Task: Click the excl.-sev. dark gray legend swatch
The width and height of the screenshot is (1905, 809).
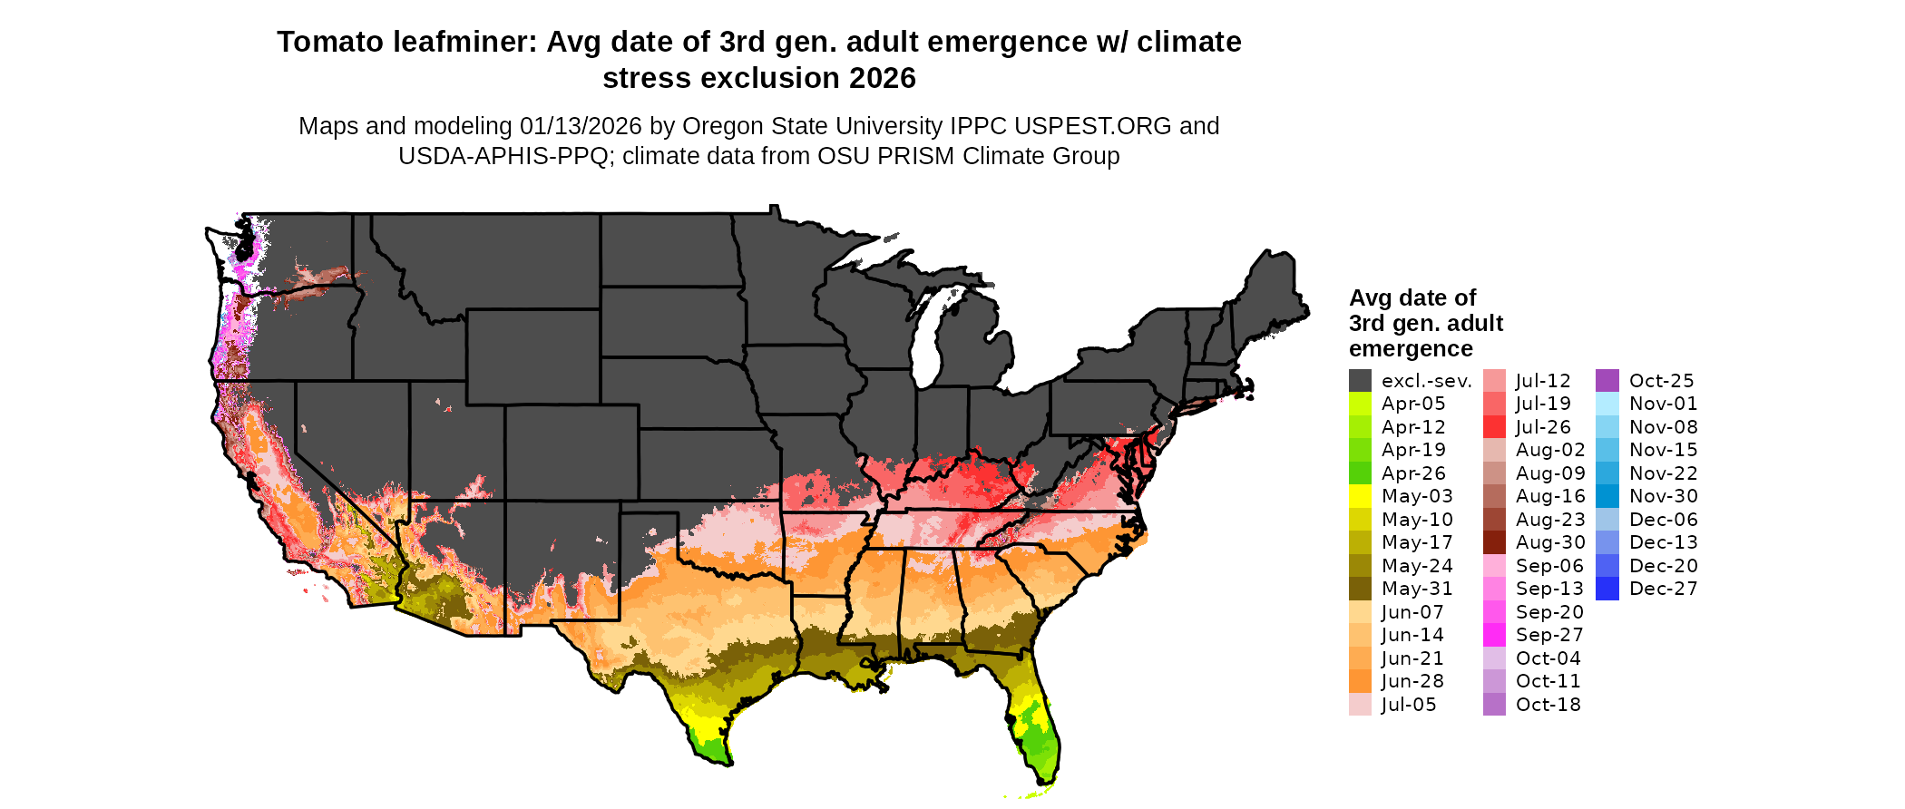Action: pyautogui.click(x=1360, y=381)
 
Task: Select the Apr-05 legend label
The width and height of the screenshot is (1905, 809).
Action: pyautogui.click(x=1412, y=404)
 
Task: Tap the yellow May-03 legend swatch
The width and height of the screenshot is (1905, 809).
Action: pyautogui.click(x=1360, y=496)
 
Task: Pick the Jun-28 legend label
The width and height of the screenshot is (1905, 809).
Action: pyautogui.click(x=1412, y=681)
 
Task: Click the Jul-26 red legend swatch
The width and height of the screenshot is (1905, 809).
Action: pyautogui.click(x=1494, y=427)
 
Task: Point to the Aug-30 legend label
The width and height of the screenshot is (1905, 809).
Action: pyautogui.click(x=1550, y=542)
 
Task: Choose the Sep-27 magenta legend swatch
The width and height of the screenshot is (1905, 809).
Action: pyautogui.click(x=1494, y=635)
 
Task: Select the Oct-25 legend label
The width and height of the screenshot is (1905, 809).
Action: pyautogui.click(x=1661, y=381)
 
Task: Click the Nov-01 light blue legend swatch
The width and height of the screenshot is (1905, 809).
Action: pyautogui.click(x=1607, y=404)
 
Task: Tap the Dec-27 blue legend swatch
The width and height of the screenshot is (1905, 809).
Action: pyautogui.click(x=1607, y=589)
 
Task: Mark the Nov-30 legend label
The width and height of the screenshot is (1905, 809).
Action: pyautogui.click(x=1663, y=496)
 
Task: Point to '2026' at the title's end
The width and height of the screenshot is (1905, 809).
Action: pyautogui.click(x=883, y=79)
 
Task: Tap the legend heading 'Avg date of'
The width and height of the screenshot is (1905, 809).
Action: pyautogui.click(x=1412, y=298)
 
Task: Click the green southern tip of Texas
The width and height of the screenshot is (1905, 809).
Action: pyautogui.click(x=716, y=750)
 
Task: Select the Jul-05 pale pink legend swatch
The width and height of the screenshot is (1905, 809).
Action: pyautogui.click(x=1360, y=705)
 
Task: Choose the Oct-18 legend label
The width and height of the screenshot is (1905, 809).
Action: pyautogui.click(x=1548, y=705)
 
